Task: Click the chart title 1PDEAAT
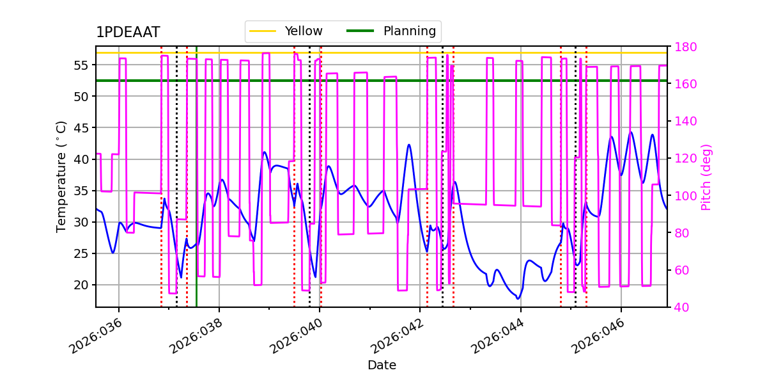coord(128,33)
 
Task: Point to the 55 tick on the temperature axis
coord(82,65)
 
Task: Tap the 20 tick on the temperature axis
coord(82,285)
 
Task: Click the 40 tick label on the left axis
coord(82,159)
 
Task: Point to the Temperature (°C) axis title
coord(61,176)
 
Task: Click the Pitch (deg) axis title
coord(706,177)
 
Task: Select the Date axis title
coord(382,365)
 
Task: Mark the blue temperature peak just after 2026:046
coord(631,132)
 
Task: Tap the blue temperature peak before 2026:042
coord(409,145)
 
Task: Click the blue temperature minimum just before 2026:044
coord(518,298)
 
